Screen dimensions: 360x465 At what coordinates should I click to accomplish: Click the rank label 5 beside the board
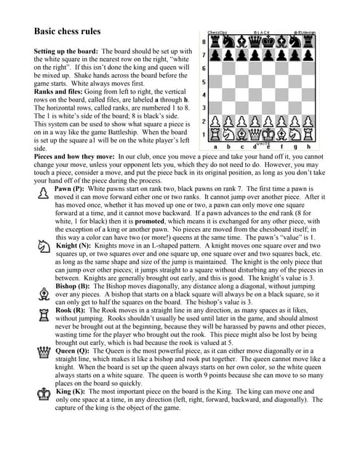pyautogui.click(x=204, y=82)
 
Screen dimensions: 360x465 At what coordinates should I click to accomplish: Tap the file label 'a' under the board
pyautogui.click(x=215, y=146)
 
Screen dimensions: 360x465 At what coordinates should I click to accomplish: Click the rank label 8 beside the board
pyautogui.click(x=204, y=42)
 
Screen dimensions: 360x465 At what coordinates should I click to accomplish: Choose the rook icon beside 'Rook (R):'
pyautogui.click(x=43, y=315)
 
